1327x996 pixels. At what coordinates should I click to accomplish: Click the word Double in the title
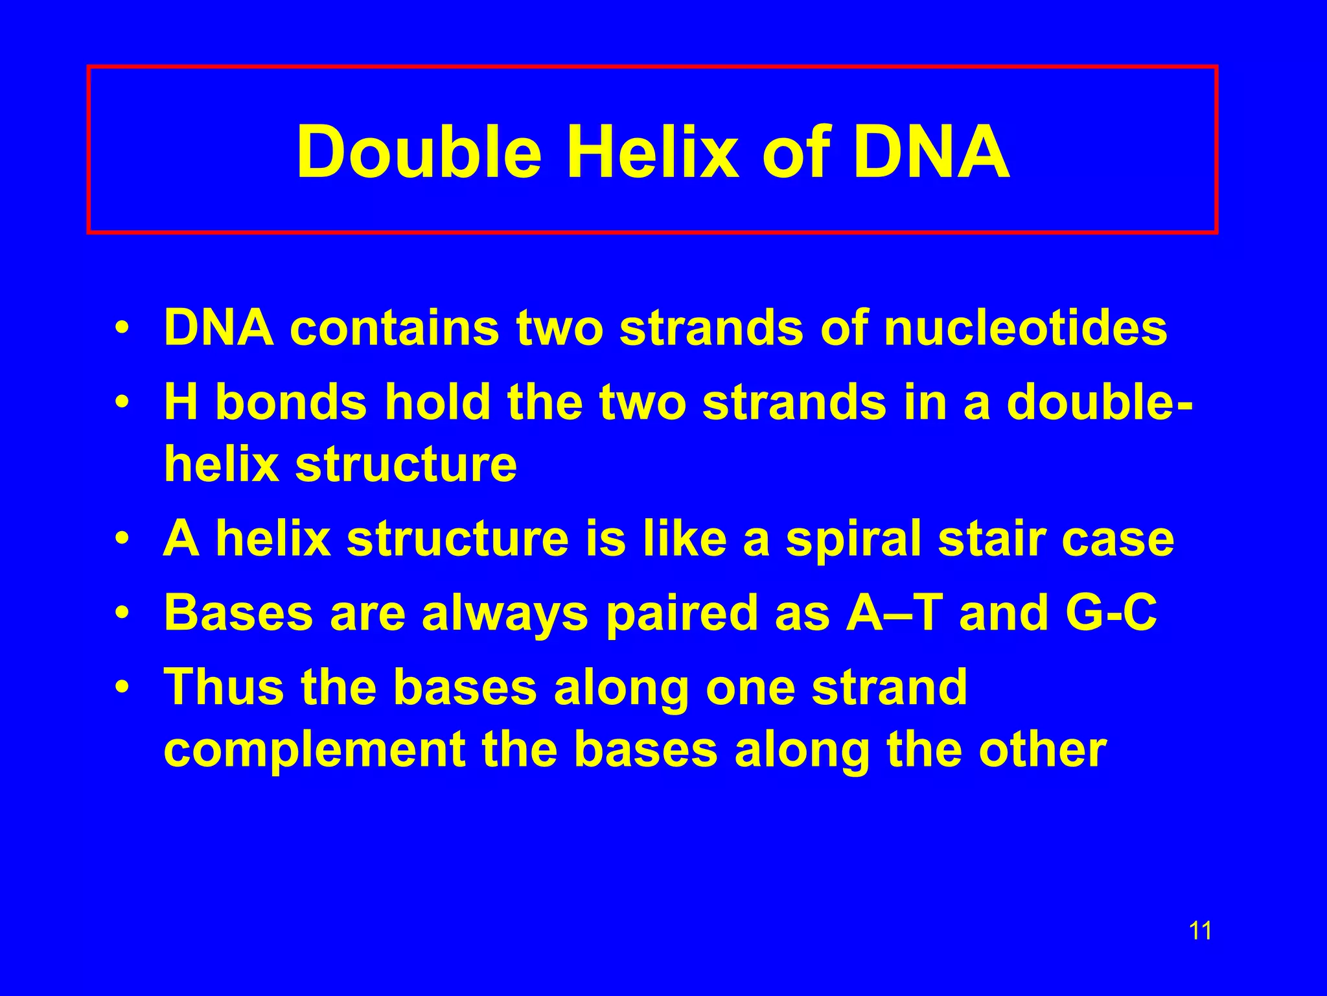coord(419,152)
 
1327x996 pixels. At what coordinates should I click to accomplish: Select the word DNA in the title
coord(932,152)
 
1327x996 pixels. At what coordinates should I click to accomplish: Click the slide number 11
coord(1200,931)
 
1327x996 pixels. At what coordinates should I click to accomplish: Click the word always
coord(505,614)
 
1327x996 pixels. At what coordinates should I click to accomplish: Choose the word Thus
coord(224,687)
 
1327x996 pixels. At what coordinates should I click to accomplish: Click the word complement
coord(314,751)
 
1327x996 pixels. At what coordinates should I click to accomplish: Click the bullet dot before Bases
coord(121,613)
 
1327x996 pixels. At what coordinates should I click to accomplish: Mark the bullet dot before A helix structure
coord(121,539)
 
